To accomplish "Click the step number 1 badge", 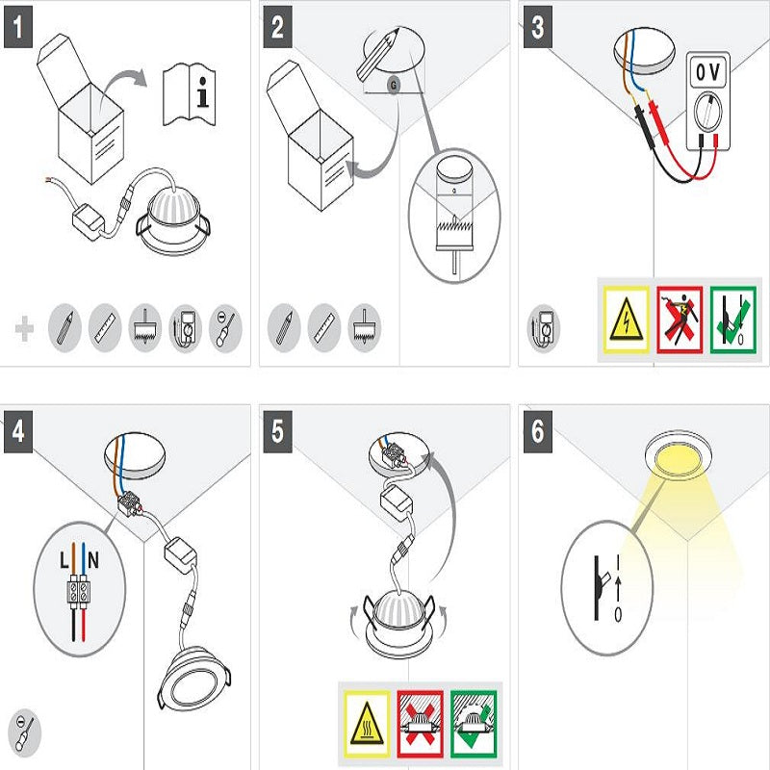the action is click(x=18, y=27).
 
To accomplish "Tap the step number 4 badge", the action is click(x=18, y=431).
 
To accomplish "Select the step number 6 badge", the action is click(x=538, y=431).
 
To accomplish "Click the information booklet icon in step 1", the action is click(x=189, y=93).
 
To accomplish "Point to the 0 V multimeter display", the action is click(x=707, y=73).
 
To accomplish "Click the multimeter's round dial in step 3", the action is click(x=707, y=112).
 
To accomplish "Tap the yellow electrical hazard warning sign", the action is click(x=627, y=321).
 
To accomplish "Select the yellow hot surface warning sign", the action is click(x=367, y=724).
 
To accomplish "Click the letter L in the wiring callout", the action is click(x=64, y=560).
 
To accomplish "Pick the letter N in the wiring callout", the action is click(x=93, y=560).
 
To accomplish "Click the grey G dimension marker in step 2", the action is click(x=394, y=86).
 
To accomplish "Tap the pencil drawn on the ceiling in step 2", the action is click(x=377, y=54).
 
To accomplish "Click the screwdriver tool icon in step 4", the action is click(x=25, y=733).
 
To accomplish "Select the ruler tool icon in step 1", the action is click(x=105, y=327).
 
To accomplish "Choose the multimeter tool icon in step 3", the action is click(x=543, y=327).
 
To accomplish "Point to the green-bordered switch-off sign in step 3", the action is click(x=733, y=321).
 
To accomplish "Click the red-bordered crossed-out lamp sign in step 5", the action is click(x=421, y=724).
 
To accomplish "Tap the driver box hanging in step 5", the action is click(x=397, y=503).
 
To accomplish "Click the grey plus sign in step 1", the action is click(x=25, y=328).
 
